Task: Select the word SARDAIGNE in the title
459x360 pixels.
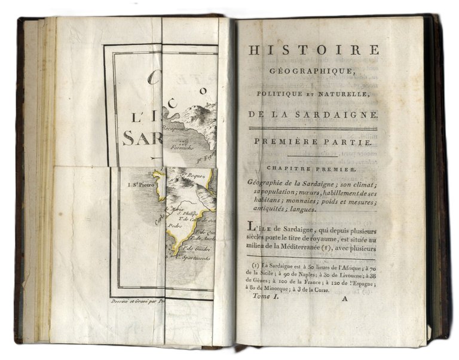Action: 340,115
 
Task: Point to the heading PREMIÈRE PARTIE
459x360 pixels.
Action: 313,143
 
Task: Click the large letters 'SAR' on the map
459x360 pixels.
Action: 142,138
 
